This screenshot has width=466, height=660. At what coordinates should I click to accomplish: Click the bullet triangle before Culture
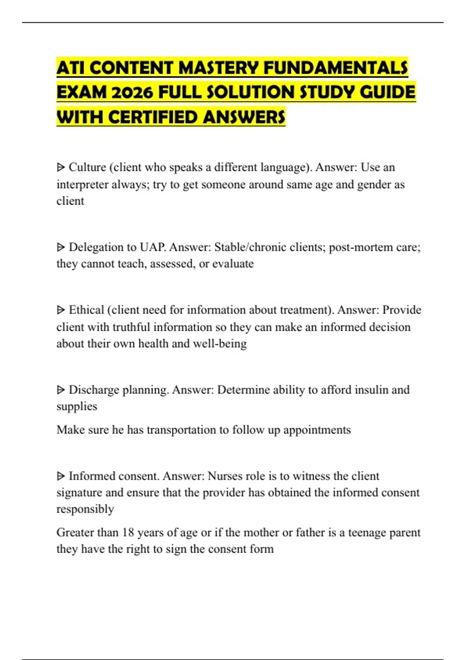pos(61,168)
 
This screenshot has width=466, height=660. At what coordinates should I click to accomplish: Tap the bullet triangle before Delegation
pos(61,247)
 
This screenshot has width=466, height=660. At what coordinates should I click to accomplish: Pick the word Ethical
pos(86,310)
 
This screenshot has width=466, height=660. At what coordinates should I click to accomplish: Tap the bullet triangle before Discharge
pos(61,390)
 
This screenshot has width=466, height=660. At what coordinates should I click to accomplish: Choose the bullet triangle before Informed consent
pos(61,476)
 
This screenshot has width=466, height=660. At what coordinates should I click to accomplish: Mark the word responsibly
pos(85,509)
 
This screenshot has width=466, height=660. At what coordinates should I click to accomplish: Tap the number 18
pos(128,532)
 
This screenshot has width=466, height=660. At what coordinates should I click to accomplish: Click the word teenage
pos(367,532)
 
